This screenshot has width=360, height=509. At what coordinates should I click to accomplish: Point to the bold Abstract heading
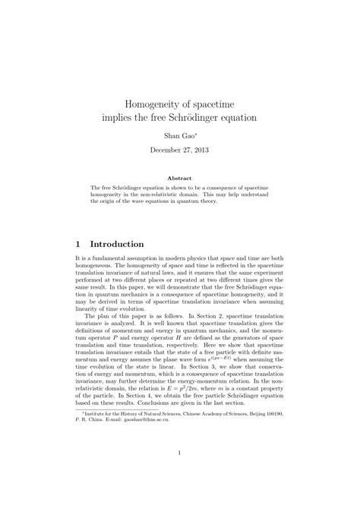click(181, 179)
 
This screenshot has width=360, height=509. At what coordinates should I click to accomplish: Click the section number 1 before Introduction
click(79, 244)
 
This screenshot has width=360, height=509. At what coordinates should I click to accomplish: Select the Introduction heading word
click(117, 244)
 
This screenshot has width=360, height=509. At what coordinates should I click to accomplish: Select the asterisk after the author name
click(195, 134)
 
